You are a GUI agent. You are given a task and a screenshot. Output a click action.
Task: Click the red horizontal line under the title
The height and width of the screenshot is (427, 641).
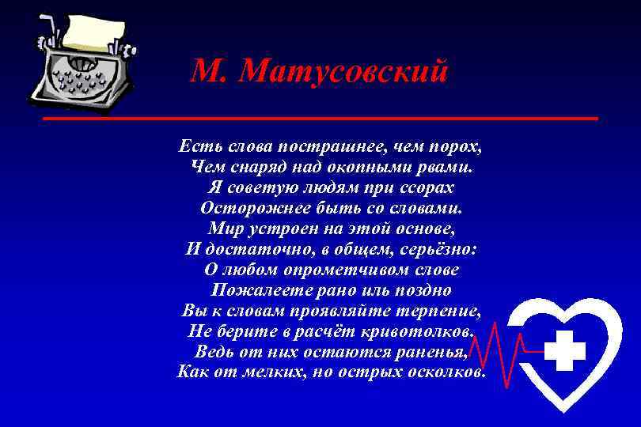(x=320, y=119)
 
